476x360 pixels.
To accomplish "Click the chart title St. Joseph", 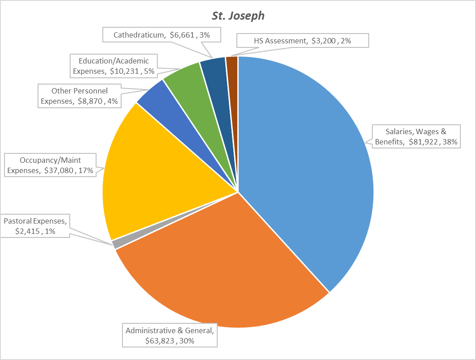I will pos(238,16).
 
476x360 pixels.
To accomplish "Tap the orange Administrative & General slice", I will pos(223,268).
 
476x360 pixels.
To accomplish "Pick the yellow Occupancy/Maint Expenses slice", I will pos(147,174).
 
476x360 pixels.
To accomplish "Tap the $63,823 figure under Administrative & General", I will pos(160,341).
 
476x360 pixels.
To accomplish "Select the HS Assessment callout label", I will pos(303,41).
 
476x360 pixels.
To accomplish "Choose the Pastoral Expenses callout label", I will pos(36,227).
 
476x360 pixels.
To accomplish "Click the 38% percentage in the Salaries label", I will pos(449,142).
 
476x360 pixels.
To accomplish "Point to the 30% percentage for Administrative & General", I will pos(185,341).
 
